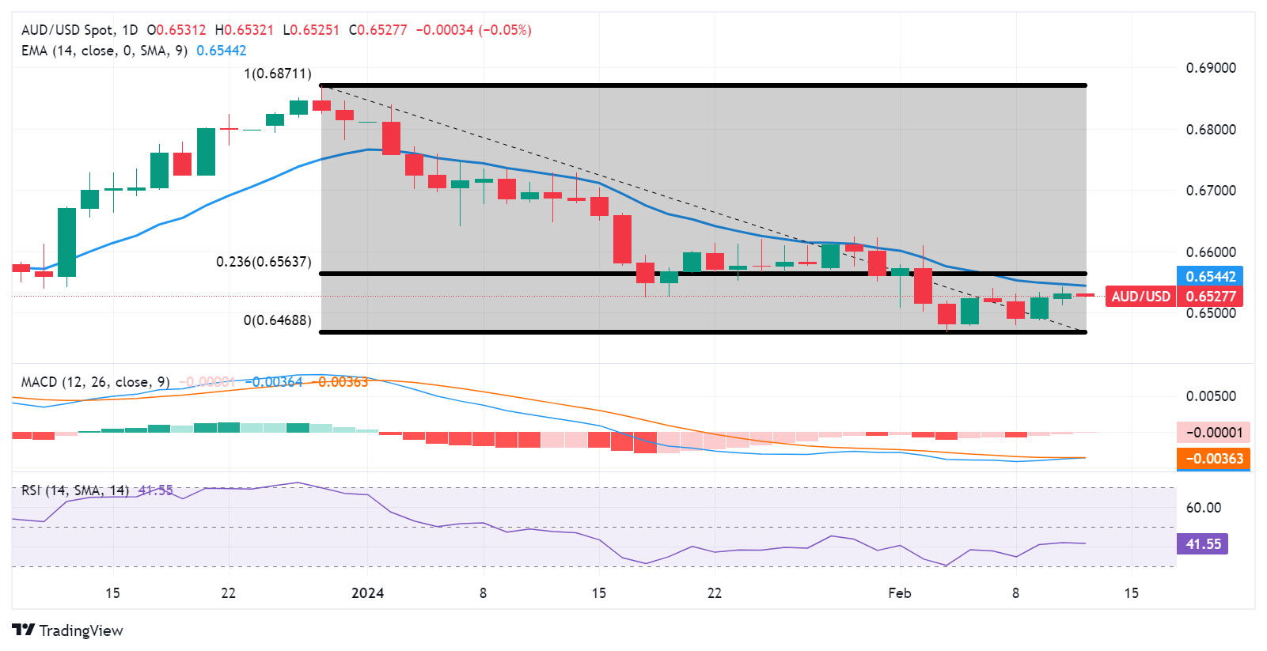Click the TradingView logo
[67, 630]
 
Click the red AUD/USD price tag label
[1140, 297]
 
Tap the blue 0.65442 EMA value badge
[1210, 277]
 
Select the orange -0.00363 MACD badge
[1214, 459]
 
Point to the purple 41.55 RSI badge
[1202, 544]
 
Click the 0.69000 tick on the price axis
[1210, 68]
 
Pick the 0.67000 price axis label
[1210, 191]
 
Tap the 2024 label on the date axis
[367, 593]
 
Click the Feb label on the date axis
[900, 593]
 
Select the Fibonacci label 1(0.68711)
[277, 74]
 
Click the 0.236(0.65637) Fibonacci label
[264, 262]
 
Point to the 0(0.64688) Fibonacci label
[277, 320]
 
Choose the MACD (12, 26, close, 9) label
[95, 382]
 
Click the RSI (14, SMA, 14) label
[75, 490]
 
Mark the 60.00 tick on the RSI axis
[1203, 508]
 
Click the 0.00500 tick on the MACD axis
[1210, 396]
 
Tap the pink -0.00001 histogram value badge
[1214, 433]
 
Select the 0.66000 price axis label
[1210, 252]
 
